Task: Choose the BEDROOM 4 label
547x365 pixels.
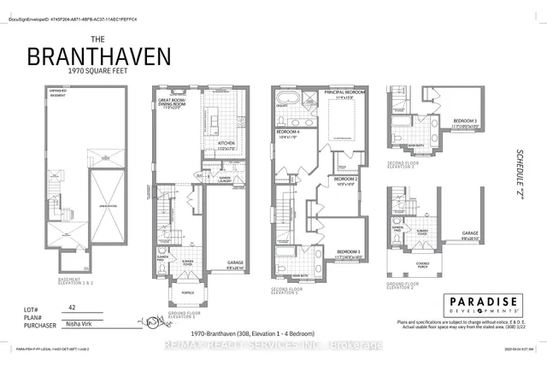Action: [x=286, y=133]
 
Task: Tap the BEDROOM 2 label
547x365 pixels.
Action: [x=344, y=178]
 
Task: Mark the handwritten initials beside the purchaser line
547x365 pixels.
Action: [x=154, y=323]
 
